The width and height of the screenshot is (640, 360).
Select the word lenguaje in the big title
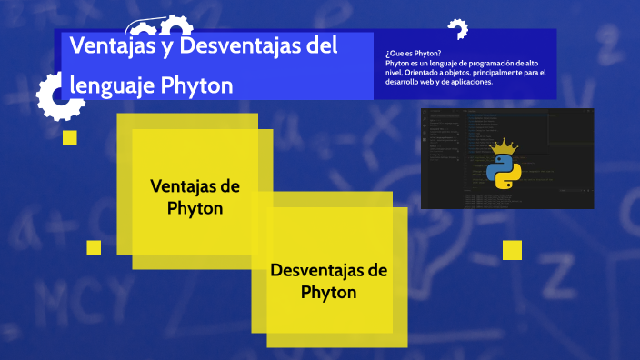point(112,85)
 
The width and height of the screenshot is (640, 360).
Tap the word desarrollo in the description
point(406,82)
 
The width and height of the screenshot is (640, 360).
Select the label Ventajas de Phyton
point(195,196)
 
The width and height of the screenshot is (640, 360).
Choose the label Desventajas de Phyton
point(329,281)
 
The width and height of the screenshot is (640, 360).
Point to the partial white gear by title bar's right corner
point(457,30)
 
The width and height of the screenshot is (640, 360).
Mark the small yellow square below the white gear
point(69,137)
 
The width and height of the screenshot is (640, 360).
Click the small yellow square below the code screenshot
point(512,250)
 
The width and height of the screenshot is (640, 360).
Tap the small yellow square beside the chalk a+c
point(94,247)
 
